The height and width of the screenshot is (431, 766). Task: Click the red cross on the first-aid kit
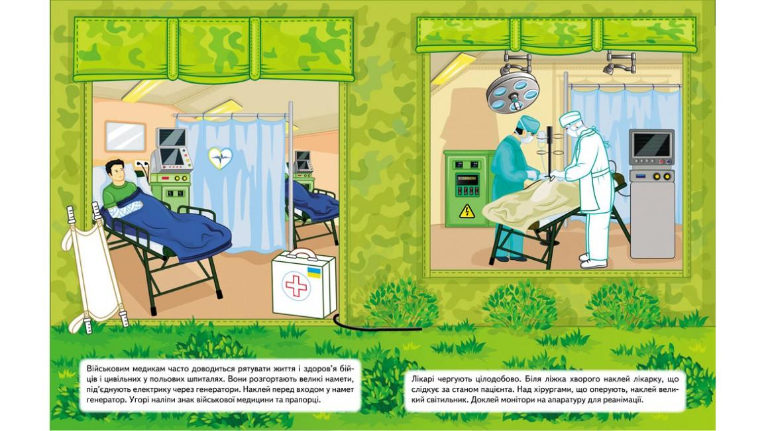click(x=296, y=285)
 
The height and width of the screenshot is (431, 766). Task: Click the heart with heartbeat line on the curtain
click(x=220, y=158)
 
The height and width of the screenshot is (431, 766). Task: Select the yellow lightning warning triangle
click(x=467, y=211)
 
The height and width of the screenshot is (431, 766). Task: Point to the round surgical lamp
click(x=512, y=92)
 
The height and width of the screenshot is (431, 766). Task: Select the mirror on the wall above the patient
click(x=125, y=137)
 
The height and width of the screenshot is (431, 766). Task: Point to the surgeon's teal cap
click(x=529, y=123)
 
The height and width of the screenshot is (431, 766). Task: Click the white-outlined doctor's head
click(x=572, y=124)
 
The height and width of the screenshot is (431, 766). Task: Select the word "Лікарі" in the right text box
click(x=423, y=379)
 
